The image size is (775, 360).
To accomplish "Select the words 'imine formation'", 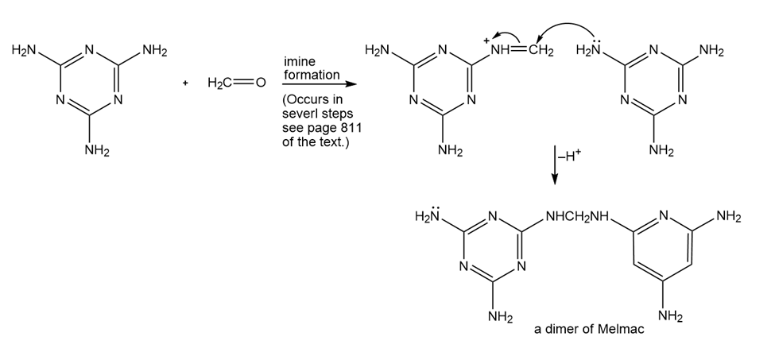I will click(x=312, y=68).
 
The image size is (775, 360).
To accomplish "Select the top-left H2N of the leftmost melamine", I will click(x=25, y=52).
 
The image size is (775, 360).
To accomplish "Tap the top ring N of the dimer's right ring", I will click(x=664, y=217).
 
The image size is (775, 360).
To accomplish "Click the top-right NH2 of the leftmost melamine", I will click(x=153, y=52).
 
